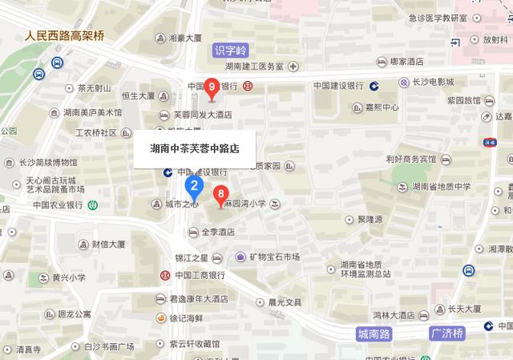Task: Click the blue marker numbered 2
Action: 193,187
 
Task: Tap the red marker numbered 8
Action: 220,194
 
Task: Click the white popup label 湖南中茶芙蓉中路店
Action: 194,148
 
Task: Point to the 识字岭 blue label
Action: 232,50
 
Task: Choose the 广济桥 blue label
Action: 448,332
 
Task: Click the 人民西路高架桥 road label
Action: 64,36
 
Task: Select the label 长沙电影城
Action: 433,82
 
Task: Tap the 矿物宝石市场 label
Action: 273,257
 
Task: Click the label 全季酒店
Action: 216,233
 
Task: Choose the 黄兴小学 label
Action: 68,278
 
